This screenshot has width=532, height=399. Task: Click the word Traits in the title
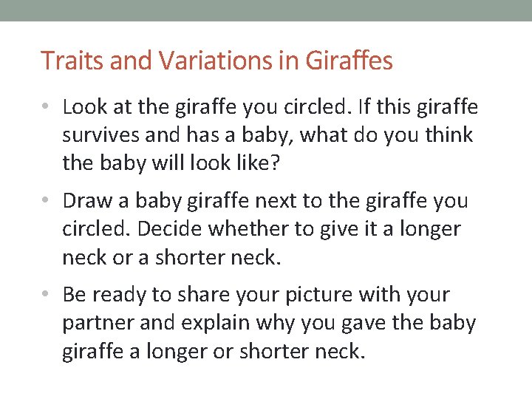click(x=65, y=61)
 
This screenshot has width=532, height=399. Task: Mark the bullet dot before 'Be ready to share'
click(x=47, y=295)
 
